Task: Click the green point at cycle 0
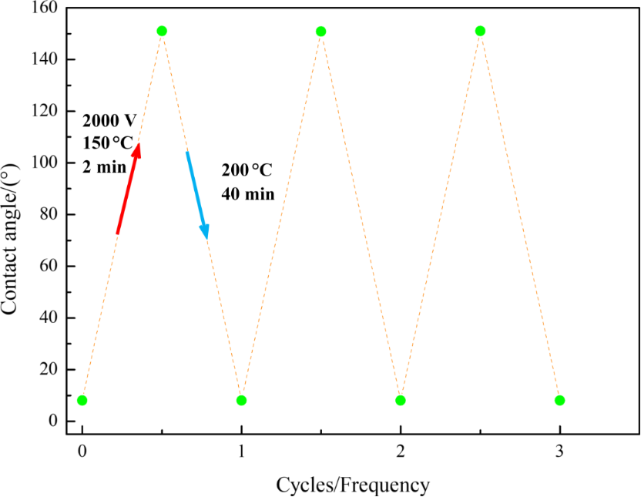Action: [x=82, y=400]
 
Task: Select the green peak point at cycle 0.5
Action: [x=162, y=31]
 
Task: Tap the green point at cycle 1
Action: [x=241, y=400]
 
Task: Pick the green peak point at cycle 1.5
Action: [x=320, y=31]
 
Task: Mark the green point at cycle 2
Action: [x=401, y=400]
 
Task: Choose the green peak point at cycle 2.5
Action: [x=480, y=31]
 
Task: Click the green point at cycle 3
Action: [x=559, y=400]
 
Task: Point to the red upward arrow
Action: [x=128, y=188]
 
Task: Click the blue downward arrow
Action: [x=197, y=195]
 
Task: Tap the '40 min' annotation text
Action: [x=248, y=193]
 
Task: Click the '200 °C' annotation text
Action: [x=247, y=170]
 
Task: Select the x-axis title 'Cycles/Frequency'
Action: [x=352, y=485]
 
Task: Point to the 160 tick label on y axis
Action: [x=40, y=8]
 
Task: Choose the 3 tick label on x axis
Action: [x=559, y=452]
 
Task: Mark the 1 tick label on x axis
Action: [x=241, y=452]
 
